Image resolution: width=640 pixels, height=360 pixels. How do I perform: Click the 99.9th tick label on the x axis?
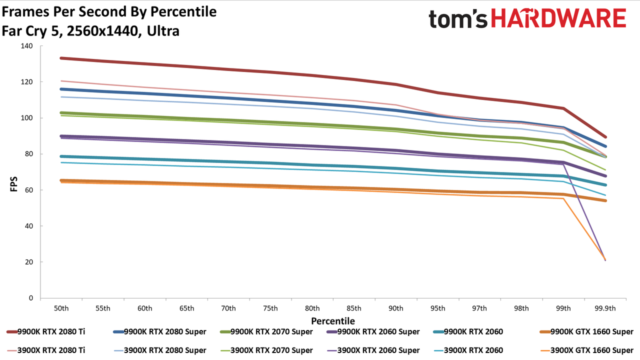605,308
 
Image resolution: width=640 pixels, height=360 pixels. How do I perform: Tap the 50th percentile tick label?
61,308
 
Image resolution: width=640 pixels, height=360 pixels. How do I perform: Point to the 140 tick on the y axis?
27,45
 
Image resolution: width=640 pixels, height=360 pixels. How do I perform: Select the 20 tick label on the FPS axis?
29,262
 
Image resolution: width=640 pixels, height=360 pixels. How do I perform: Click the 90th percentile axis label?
395,308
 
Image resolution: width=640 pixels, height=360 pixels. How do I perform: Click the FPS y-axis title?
13,184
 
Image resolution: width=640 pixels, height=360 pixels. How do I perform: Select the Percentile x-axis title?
333,321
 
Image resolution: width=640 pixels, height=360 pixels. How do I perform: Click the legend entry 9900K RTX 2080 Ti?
45,331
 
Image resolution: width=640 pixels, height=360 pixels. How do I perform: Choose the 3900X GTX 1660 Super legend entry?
586,350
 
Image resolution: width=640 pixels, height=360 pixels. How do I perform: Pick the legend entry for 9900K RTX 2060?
468,331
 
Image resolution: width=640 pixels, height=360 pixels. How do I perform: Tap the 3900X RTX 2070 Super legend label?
266,350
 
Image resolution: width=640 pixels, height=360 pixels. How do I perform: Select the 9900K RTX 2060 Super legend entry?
373,331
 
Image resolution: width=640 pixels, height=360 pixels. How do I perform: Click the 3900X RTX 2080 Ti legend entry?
45,350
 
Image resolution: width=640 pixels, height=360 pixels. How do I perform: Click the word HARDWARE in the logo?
558,18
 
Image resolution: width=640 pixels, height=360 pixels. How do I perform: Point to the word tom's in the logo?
457,19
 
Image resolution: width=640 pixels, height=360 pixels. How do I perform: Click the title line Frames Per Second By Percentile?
109,12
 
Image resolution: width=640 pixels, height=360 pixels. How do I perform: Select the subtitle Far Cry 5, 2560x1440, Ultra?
90,31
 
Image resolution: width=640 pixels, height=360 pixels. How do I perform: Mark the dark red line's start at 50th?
61,58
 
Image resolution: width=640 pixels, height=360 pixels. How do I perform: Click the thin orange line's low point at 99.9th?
605,259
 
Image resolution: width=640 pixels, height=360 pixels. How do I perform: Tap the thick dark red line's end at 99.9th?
605,137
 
